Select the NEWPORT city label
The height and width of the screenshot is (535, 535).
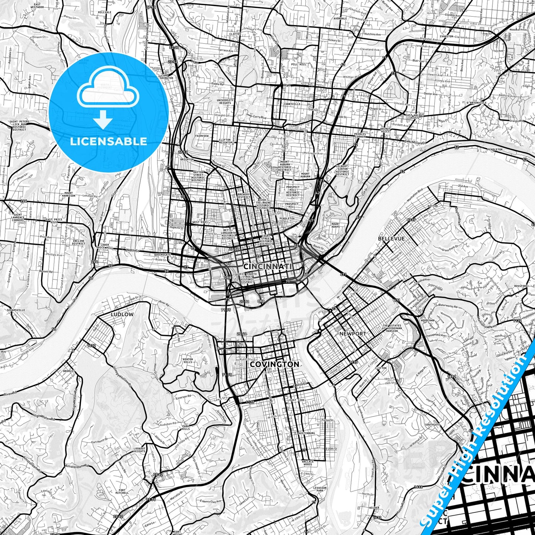click(x=352, y=334)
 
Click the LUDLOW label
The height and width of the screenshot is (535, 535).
click(x=122, y=314)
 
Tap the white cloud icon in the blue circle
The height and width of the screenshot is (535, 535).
click(x=108, y=91)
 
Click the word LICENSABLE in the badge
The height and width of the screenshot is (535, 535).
click(x=108, y=141)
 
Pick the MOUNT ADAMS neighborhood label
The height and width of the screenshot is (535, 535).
click(x=335, y=225)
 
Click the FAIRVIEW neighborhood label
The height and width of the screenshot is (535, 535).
click(x=202, y=136)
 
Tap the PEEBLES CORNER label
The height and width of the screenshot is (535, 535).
click(x=360, y=135)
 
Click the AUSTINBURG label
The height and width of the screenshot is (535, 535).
click(x=307, y=433)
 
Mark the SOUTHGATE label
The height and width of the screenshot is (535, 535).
click(x=432, y=425)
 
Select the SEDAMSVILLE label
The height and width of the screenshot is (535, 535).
click(x=15, y=310)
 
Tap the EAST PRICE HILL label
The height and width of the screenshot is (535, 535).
click(x=54, y=221)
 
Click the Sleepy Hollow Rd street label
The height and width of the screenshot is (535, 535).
click(x=121, y=378)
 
